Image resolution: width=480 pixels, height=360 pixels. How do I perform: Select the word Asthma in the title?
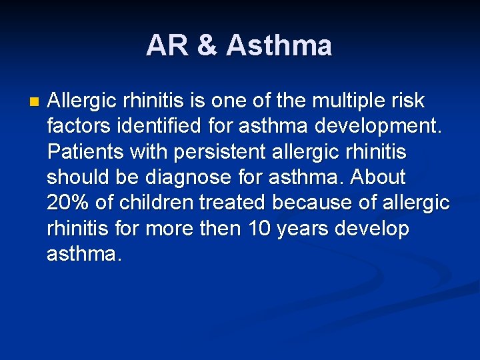click(279, 46)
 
